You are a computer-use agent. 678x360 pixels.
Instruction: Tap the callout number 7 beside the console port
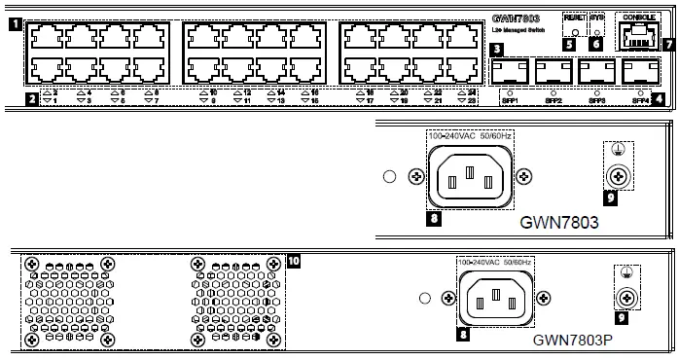pyautogui.click(x=668, y=44)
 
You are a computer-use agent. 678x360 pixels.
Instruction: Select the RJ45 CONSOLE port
pyautogui.click(x=638, y=35)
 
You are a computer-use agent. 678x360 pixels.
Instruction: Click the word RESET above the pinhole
pyautogui.click(x=575, y=18)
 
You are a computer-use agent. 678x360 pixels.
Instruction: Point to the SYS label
pyautogui.click(x=597, y=18)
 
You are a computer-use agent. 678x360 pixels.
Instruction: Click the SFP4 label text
pyautogui.click(x=640, y=98)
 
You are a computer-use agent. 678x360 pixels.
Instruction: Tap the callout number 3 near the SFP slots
pyautogui.click(x=497, y=50)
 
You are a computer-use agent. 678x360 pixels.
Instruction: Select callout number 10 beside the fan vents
pyautogui.click(x=294, y=261)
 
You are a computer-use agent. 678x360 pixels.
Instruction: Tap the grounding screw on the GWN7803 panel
pyautogui.click(x=615, y=176)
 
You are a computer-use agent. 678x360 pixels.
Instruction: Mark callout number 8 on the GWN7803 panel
pyautogui.click(x=435, y=218)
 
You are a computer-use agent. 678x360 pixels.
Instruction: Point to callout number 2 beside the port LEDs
pyautogui.click(x=31, y=98)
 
